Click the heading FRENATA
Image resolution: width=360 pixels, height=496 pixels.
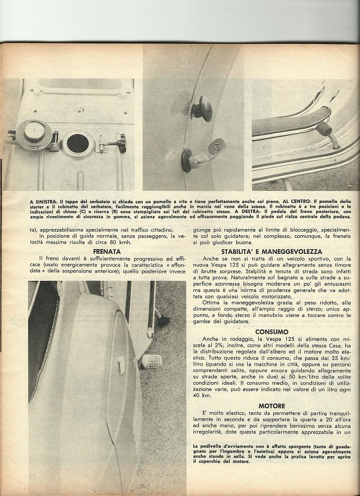[106, 251]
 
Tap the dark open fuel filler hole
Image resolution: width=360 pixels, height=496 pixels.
[77, 143]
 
